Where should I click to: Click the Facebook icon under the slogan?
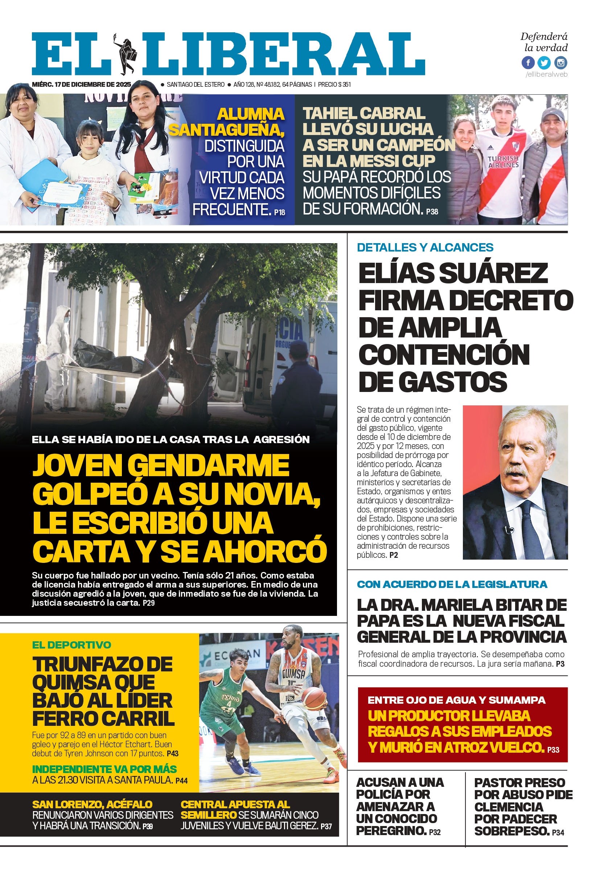[528, 62]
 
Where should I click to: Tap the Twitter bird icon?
[544, 62]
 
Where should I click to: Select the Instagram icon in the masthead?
[561, 62]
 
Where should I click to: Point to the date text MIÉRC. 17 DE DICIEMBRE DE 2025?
[81, 84]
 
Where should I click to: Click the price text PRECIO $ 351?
[334, 84]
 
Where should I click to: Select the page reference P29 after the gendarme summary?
[149, 603]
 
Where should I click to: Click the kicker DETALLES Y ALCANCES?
[425, 248]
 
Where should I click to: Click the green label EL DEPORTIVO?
[71, 645]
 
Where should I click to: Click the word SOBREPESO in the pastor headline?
[511, 831]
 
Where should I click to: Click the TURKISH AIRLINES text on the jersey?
[503, 162]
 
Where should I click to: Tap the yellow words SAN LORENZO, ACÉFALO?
[92, 805]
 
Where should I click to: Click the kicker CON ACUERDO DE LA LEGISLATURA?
[452, 584]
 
